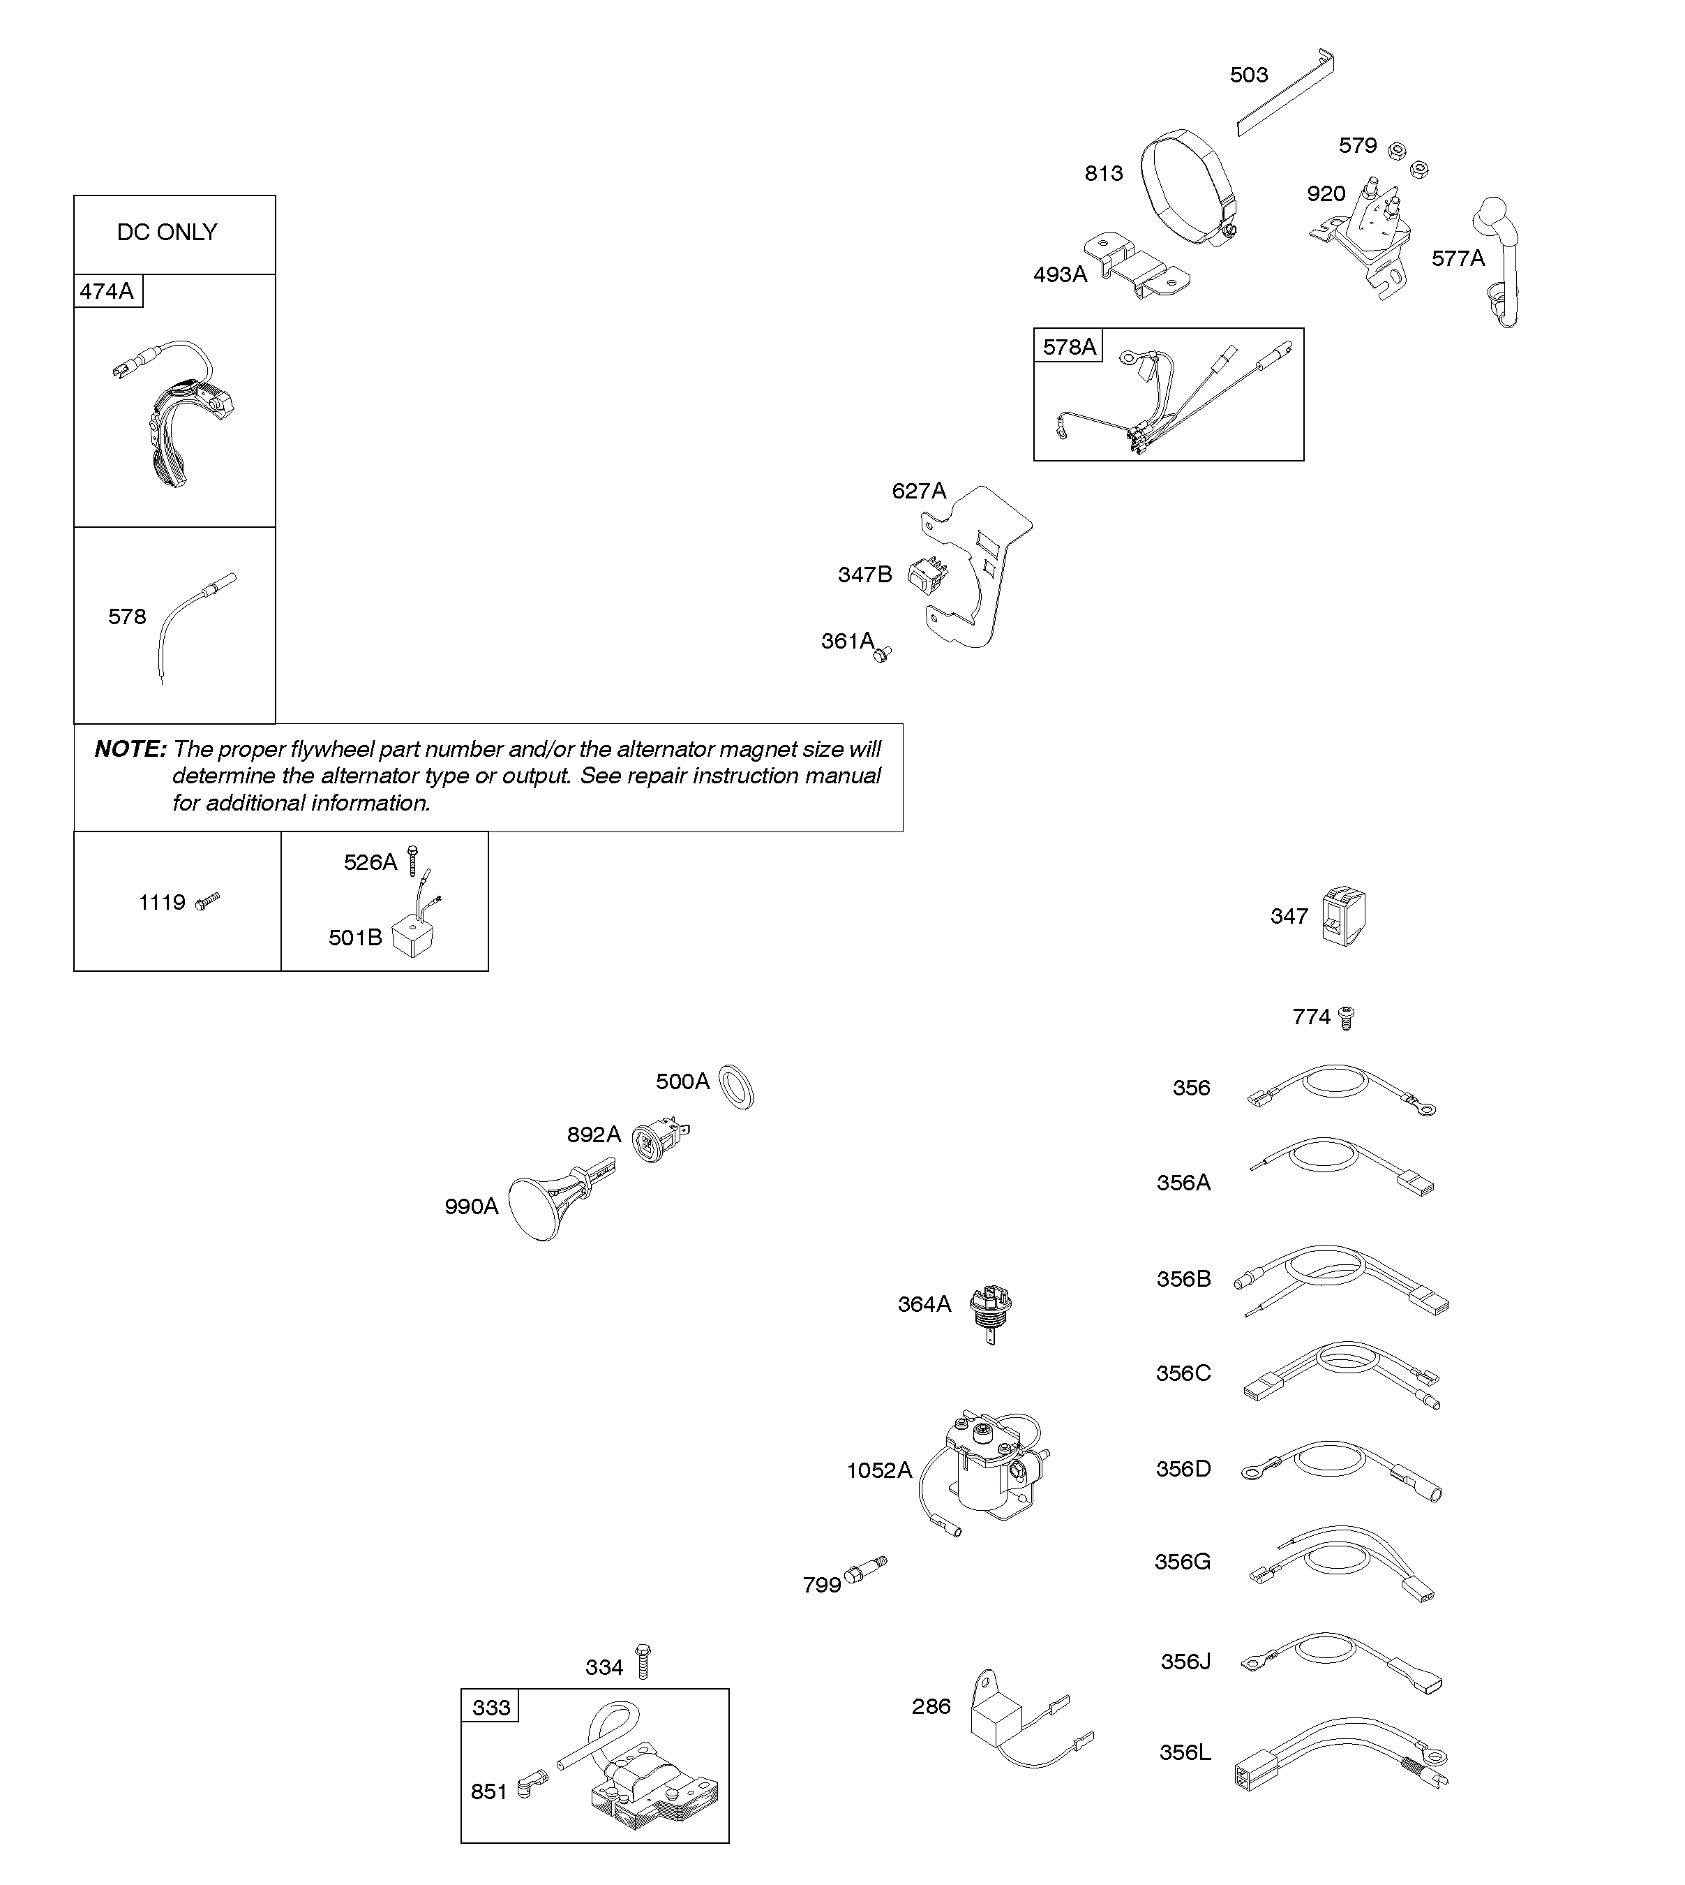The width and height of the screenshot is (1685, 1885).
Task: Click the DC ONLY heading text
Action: pyautogui.click(x=167, y=232)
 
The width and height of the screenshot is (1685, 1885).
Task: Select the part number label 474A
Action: pyautogui.click(x=107, y=292)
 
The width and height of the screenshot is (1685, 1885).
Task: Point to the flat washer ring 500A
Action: pyautogui.click(x=737, y=1086)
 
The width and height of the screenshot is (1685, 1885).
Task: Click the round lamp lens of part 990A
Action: pyautogui.click(x=534, y=1208)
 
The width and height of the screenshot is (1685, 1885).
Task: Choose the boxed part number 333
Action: pyautogui.click(x=490, y=1707)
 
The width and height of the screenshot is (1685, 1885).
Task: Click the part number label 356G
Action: pyautogui.click(x=1182, y=1562)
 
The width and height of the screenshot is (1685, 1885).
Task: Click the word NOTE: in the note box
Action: pyautogui.click(x=130, y=749)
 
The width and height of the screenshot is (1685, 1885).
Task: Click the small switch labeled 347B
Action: pyautogui.click(x=929, y=575)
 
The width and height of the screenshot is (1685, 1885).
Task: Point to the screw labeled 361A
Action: pyautogui.click(x=883, y=654)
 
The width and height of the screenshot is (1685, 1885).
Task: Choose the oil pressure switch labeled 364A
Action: pyautogui.click(x=989, y=1310)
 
